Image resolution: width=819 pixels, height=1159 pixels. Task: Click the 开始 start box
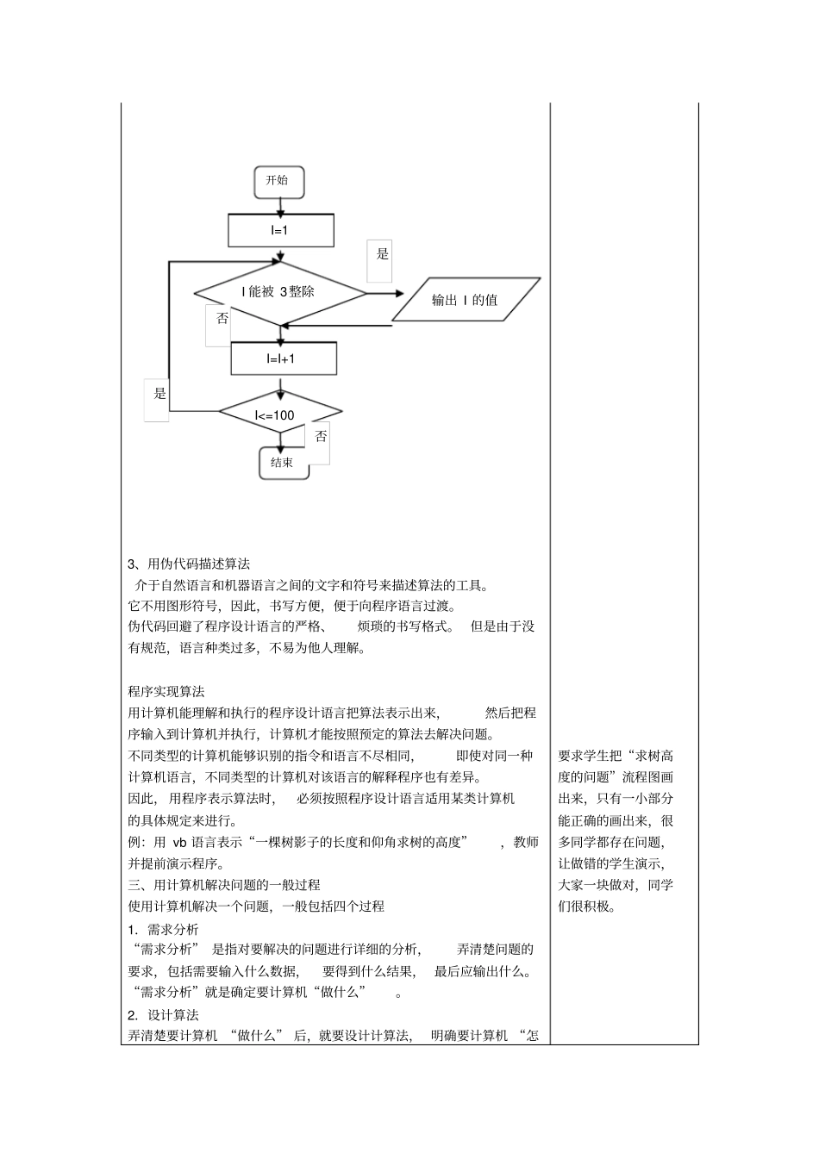click(x=278, y=181)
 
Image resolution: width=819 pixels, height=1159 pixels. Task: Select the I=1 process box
click(x=280, y=230)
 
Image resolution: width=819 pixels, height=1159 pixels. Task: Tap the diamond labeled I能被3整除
click(x=279, y=292)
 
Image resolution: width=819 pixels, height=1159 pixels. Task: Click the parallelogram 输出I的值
click(x=466, y=300)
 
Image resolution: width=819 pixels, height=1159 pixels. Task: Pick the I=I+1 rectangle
click(x=283, y=358)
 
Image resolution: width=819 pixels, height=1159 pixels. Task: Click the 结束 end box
click(x=283, y=463)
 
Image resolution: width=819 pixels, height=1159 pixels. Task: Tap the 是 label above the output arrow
click(x=383, y=254)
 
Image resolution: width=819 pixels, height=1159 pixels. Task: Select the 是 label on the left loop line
click(x=159, y=395)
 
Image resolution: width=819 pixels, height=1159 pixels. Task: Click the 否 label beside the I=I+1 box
click(x=222, y=319)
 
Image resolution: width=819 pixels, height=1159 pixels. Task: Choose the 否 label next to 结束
click(x=321, y=437)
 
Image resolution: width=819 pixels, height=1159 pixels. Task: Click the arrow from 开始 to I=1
click(x=278, y=206)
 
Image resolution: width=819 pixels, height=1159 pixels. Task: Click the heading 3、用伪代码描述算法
click(x=189, y=564)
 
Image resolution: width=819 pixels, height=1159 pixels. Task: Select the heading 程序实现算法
click(x=166, y=691)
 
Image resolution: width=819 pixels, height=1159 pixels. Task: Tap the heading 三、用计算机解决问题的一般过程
click(x=224, y=885)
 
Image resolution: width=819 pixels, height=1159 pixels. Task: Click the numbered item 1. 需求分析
click(x=163, y=929)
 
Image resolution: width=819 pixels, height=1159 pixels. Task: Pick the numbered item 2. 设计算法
click(x=163, y=1014)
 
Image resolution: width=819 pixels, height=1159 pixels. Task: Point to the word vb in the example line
click(x=180, y=842)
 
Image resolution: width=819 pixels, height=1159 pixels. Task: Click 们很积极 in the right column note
click(x=587, y=907)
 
